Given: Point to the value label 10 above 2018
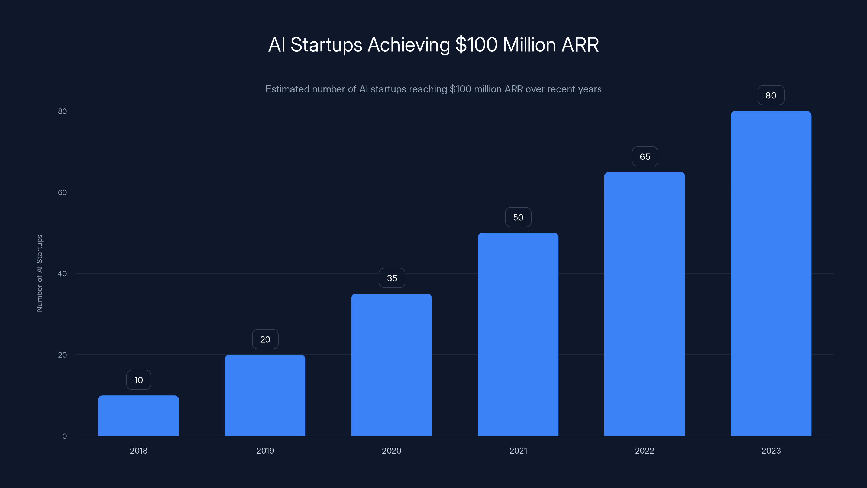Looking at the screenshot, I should pos(139,380).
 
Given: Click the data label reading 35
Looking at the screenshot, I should pos(392,278).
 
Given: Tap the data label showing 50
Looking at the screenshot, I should pos(518,217).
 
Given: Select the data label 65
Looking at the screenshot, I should pos(645,157).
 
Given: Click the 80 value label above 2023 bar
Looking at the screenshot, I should pos(771,95).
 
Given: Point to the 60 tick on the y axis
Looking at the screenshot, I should pos(62,192).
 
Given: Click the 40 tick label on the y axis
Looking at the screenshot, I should pos(62,274).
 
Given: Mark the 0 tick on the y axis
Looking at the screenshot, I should pos(64,436).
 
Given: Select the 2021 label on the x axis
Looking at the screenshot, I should pos(518,451).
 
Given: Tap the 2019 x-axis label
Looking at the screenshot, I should pos(265,451).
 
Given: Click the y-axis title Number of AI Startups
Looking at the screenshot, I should pos(39,273).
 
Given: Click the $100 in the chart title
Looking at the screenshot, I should pos(476,45).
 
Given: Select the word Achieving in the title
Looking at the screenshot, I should pos(409,45).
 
